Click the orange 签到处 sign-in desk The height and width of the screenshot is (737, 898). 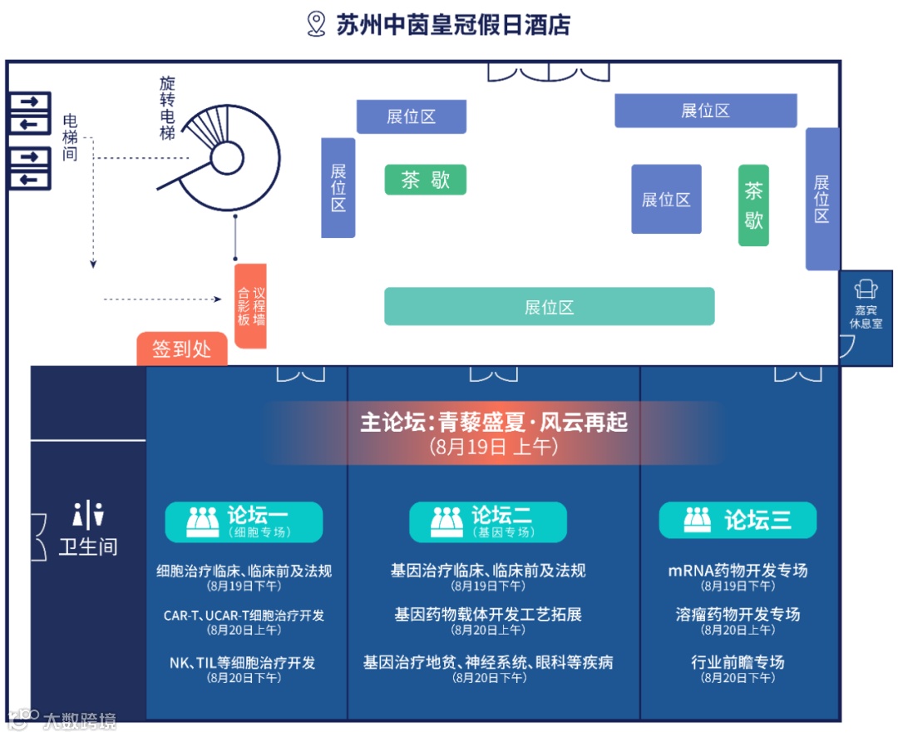click(x=182, y=349)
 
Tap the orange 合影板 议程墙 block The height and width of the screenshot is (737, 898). click(x=250, y=306)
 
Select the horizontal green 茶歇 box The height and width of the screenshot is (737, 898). click(x=425, y=180)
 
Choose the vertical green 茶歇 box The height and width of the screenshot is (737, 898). click(x=753, y=205)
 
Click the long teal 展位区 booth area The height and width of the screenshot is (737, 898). click(x=549, y=306)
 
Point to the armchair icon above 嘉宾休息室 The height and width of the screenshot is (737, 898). click(x=866, y=289)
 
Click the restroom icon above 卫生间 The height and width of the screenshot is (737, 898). click(x=88, y=515)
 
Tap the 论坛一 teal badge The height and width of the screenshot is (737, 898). click(x=244, y=522)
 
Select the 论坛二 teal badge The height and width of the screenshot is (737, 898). click(x=488, y=522)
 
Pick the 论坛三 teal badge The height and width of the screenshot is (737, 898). click(x=738, y=521)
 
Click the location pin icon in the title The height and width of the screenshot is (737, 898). click(x=316, y=24)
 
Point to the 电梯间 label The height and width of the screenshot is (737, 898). click(x=70, y=137)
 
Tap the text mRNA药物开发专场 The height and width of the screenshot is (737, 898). click(x=738, y=571)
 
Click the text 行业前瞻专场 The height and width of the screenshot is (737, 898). click(x=738, y=662)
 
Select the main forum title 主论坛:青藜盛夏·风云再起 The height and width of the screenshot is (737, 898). click(x=494, y=423)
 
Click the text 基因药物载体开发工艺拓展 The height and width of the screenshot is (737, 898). click(x=488, y=615)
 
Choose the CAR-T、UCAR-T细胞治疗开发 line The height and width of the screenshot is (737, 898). click(x=244, y=616)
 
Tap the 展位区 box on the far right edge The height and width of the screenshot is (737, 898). click(x=822, y=199)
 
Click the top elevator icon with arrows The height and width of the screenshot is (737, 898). click(x=30, y=112)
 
